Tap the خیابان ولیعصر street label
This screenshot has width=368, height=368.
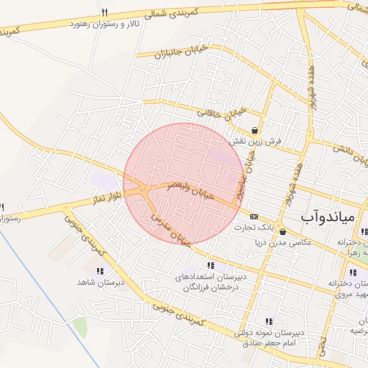pyautogui.click(x=192, y=192)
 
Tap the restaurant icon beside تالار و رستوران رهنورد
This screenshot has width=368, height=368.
pyautogui.click(x=104, y=12)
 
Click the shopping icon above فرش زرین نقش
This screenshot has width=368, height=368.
pyautogui.click(x=254, y=130)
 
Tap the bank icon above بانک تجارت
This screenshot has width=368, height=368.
pyautogui.click(x=254, y=216)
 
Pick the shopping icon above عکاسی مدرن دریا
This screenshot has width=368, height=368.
pyautogui.click(x=283, y=231)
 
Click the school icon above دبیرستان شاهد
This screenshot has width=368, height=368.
pyautogui.click(x=99, y=272)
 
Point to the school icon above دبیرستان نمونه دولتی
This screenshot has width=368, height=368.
pyautogui.click(x=269, y=321)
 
